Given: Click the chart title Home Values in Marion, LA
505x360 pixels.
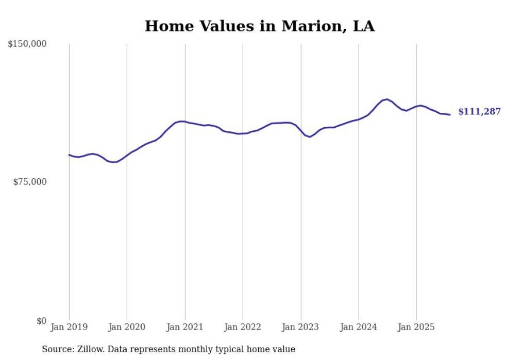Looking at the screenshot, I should (259, 26).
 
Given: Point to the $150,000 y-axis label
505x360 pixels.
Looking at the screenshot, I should (27, 44).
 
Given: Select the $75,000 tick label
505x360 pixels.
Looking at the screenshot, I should (29, 182).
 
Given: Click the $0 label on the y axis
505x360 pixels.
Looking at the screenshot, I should (41, 321).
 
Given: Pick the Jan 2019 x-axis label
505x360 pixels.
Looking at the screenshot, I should (69, 327).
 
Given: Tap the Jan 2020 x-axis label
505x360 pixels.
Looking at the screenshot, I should (127, 327).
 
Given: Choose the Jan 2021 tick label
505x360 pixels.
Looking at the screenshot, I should (185, 327).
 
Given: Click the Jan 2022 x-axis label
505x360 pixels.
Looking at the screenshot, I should (243, 327).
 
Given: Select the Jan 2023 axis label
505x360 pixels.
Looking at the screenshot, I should (301, 327).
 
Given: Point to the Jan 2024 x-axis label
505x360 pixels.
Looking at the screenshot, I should (359, 327).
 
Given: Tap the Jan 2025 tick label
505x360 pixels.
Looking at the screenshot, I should (416, 327).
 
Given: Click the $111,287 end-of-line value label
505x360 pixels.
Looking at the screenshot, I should (479, 112).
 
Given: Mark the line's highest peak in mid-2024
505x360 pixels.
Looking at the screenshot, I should (386, 99).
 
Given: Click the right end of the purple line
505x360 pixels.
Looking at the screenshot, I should (450, 114).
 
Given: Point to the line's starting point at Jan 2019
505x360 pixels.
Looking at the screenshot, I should (69, 155).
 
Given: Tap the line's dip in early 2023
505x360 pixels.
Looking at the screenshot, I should (310, 137).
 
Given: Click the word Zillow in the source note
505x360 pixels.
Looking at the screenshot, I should (89, 349).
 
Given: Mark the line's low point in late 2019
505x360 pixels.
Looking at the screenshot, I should (113, 162).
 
